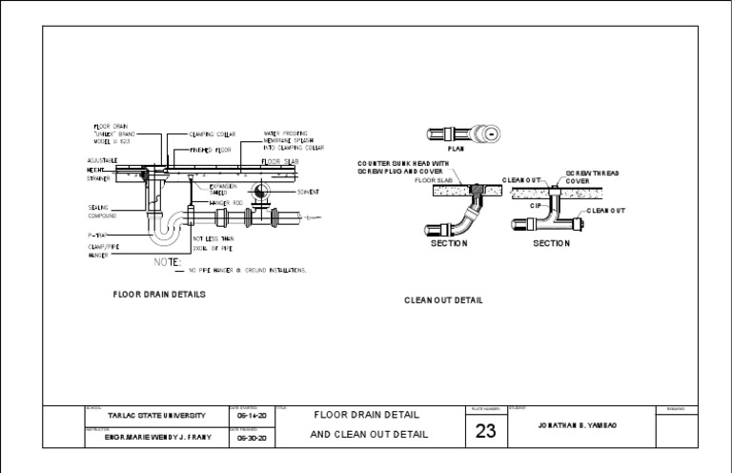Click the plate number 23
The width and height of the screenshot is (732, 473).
coord(485,431)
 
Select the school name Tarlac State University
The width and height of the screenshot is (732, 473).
coord(155,416)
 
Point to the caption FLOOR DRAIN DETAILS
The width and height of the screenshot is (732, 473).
coord(159,295)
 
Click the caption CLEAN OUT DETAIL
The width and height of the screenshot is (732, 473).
coord(443,300)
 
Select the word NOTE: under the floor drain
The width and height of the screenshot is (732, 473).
coord(169,260)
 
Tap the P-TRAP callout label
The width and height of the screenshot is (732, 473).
coord(99,234)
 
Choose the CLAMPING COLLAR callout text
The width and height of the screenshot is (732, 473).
coord(213,134)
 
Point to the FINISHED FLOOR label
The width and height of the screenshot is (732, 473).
coord(211,150)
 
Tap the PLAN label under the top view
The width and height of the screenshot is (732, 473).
coord(456,149)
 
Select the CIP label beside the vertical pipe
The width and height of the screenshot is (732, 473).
coord(536,204)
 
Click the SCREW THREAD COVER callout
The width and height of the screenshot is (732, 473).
coord(592,177)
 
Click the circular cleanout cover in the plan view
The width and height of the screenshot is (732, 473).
coord(490,134)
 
